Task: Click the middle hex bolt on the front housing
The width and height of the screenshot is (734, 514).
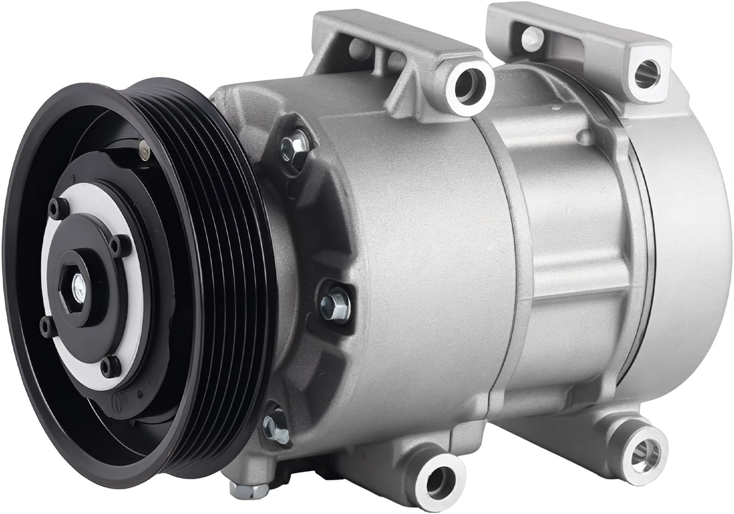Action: pos(328,301)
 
